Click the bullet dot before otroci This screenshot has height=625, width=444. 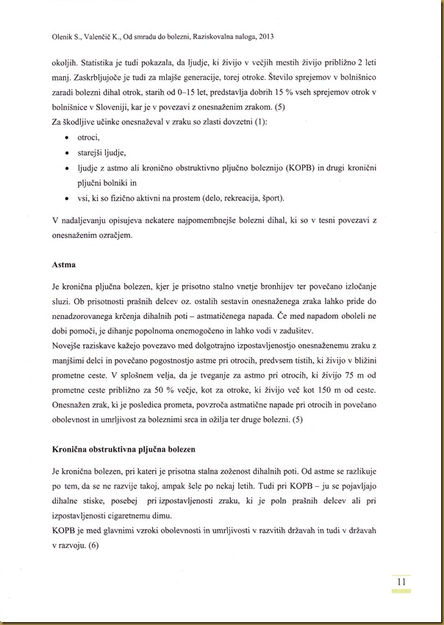68,137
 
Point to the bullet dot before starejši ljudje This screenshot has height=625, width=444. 68,153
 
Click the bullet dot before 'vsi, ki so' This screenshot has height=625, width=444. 68,198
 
